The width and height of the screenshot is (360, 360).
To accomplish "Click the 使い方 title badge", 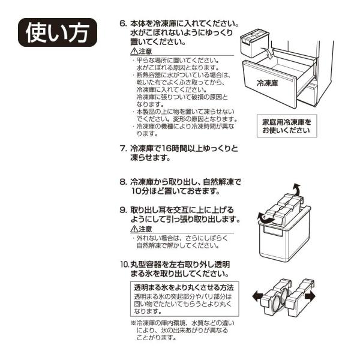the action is pyautogui.click(x=58, y=32).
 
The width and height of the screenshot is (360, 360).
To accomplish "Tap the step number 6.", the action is pyautogui.click(x=122, y=23).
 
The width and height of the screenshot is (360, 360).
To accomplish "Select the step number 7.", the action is pyautogui.click(x=123, y=149).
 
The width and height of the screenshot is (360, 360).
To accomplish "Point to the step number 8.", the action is pyautogui.click(x=123, y=182).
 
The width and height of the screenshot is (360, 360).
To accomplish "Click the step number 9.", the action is pyautogui.click(x=123, y=210).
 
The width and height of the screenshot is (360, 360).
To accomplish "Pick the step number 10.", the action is pyautogui.click(x=124, y=265).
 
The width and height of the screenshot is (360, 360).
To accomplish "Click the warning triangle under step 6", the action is pyautogui.click(x=134, y=52).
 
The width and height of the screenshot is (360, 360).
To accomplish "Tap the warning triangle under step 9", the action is pyautogui.click(x=134, y=229).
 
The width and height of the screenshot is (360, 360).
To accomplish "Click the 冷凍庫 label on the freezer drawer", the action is pyautogui.click(x=267, y=83).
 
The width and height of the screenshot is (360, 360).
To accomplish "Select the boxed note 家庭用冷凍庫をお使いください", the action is pyautogui.click(x=287, y=126).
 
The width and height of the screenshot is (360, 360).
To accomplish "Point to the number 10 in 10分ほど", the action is pyautogui.click(x=136, y=191).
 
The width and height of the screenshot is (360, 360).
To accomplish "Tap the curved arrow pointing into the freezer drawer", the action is pyautogui.click(x=268, y=51).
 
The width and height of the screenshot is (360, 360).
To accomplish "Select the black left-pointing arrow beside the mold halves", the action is pyautogui.click(x=257, y=296).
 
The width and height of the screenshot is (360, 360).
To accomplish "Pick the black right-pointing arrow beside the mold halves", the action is pyautogui.click(x=310, y=296).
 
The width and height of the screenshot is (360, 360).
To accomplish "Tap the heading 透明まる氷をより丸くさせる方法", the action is pyautogui.click(x=184, y=287).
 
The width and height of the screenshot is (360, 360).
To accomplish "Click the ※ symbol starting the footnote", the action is pyautogui.click(x=133, y=323).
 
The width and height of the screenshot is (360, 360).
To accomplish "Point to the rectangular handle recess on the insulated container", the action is pyautogui.click(x=273, y=231).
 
